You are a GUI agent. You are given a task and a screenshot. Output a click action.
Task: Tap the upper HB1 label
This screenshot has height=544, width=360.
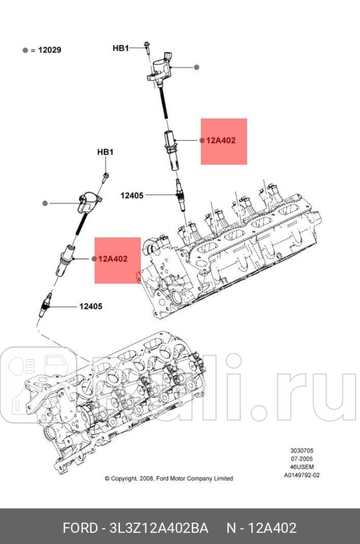121,48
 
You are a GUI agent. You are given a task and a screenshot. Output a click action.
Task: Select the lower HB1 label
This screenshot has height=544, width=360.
105,152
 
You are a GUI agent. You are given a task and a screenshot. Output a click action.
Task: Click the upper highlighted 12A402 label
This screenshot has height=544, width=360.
220,141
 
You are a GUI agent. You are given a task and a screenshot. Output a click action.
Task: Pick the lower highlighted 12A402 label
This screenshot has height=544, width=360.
113,259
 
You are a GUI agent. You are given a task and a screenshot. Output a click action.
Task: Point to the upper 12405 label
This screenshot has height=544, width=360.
132,195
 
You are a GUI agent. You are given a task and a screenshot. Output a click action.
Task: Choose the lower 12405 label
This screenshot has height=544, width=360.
90,306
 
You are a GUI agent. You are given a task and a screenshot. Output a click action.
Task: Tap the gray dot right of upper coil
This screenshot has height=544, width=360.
197,67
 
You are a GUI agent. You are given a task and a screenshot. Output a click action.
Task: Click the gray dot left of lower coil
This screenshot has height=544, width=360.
47,202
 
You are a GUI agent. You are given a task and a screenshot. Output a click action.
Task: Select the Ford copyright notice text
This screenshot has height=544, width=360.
169,478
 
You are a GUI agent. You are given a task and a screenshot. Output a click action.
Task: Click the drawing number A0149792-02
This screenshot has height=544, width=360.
301,474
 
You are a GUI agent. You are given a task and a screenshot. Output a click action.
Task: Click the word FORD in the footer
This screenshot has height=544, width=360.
79,528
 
